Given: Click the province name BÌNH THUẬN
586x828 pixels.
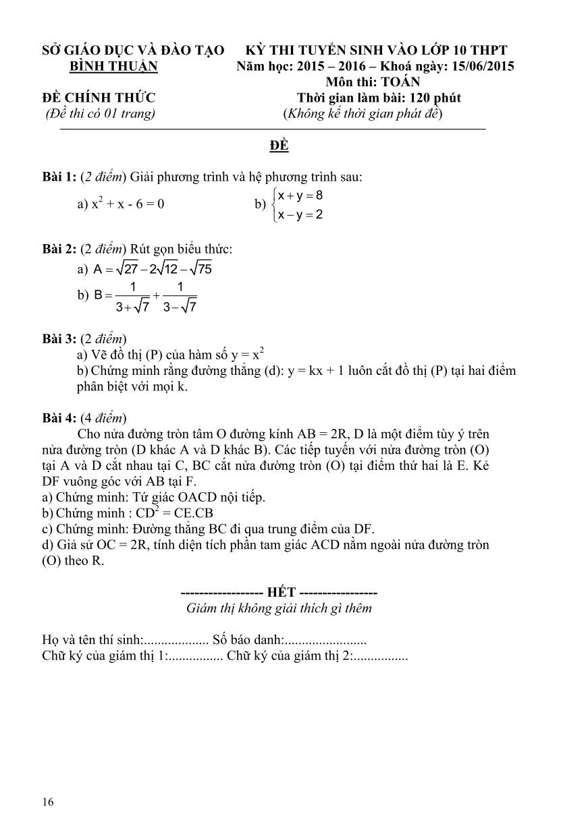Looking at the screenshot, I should pos(113,66).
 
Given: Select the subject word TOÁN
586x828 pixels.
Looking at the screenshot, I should pos(400,82).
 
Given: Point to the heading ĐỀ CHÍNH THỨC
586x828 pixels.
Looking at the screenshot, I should pos(99,98).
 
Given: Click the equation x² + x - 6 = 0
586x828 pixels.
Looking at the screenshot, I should pos(128,204).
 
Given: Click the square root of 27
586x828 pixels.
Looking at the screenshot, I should pos(127,269).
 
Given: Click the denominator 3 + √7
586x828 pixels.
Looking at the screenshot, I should pos(133,307).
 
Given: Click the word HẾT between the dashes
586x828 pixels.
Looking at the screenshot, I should pos(281,593).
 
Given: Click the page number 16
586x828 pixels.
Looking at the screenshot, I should pos(47,802).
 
